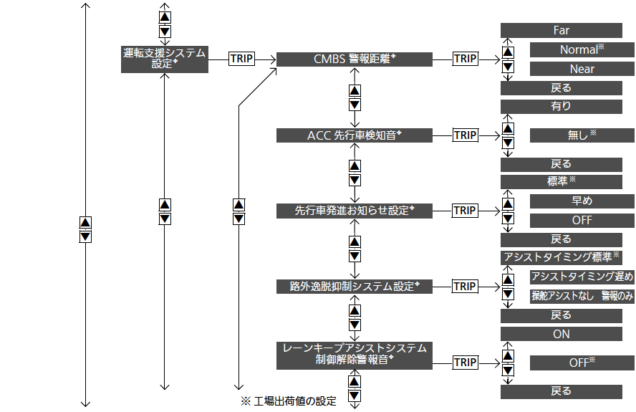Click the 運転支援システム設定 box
pos(164,58)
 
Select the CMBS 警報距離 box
pos(354,59)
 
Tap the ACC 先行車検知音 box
pos(354,135)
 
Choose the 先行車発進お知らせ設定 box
pos(354,211)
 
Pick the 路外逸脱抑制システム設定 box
pos(354,287)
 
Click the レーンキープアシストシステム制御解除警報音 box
pos(354,354)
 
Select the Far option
pos(561,31)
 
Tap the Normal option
pos(582,49)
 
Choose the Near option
pos(582,69)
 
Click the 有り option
pos(561,107)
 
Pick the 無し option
pos(582,135)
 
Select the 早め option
pos(582,201)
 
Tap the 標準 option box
pos(561,182)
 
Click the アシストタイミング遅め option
pos(582,277)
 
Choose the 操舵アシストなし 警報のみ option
pos(582,296)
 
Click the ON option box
pos(561,334)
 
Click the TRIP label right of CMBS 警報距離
pos(465,59)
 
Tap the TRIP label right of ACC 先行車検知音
pos(465,135)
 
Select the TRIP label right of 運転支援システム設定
pos(241,59)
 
